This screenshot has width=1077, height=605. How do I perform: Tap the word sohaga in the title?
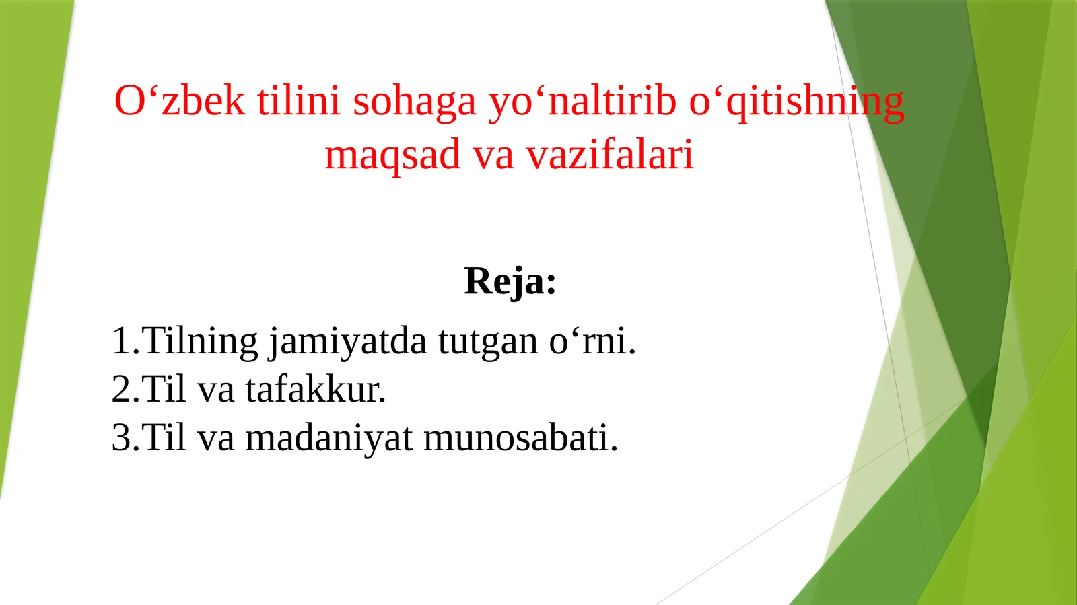pyautogui.click(x=414, y=101)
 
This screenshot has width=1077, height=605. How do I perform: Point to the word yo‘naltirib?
pyautogui.click(x=582, y=101)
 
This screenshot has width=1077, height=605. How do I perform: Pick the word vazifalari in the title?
pyautogui.click(x=609, y=154)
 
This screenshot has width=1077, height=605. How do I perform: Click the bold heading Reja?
pyautogui.click(x=510, y=281)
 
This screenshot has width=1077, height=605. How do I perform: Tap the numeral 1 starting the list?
pyautogui.click(x=120, y=341)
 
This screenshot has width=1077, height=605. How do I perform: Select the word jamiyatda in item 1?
pyautogui.click(x=347, y=341)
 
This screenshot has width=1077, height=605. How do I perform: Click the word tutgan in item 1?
pyautogui.click(x=488, y=341)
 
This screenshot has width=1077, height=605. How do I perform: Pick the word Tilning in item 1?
pyautogui.click(x=201, y=341)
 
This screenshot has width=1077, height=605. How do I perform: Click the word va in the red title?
pyautogui.click(x=493, y=155)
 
